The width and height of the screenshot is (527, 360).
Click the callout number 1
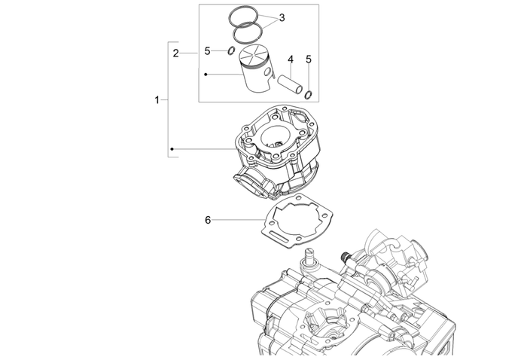(x=157, y=99)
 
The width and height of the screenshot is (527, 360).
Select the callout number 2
(x=175, y=53)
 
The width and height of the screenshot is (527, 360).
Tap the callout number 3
(x=282, y=17)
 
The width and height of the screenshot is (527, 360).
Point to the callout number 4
(x=289, y=59)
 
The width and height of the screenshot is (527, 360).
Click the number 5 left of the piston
(x=207, y=52)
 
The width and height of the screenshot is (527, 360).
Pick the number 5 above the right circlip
(x=308, y=59)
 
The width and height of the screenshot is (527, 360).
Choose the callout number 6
(x=208, y=220)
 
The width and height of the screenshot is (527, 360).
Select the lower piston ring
(x=248, y=33)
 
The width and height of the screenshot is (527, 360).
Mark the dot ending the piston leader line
(x=206, y=74)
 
